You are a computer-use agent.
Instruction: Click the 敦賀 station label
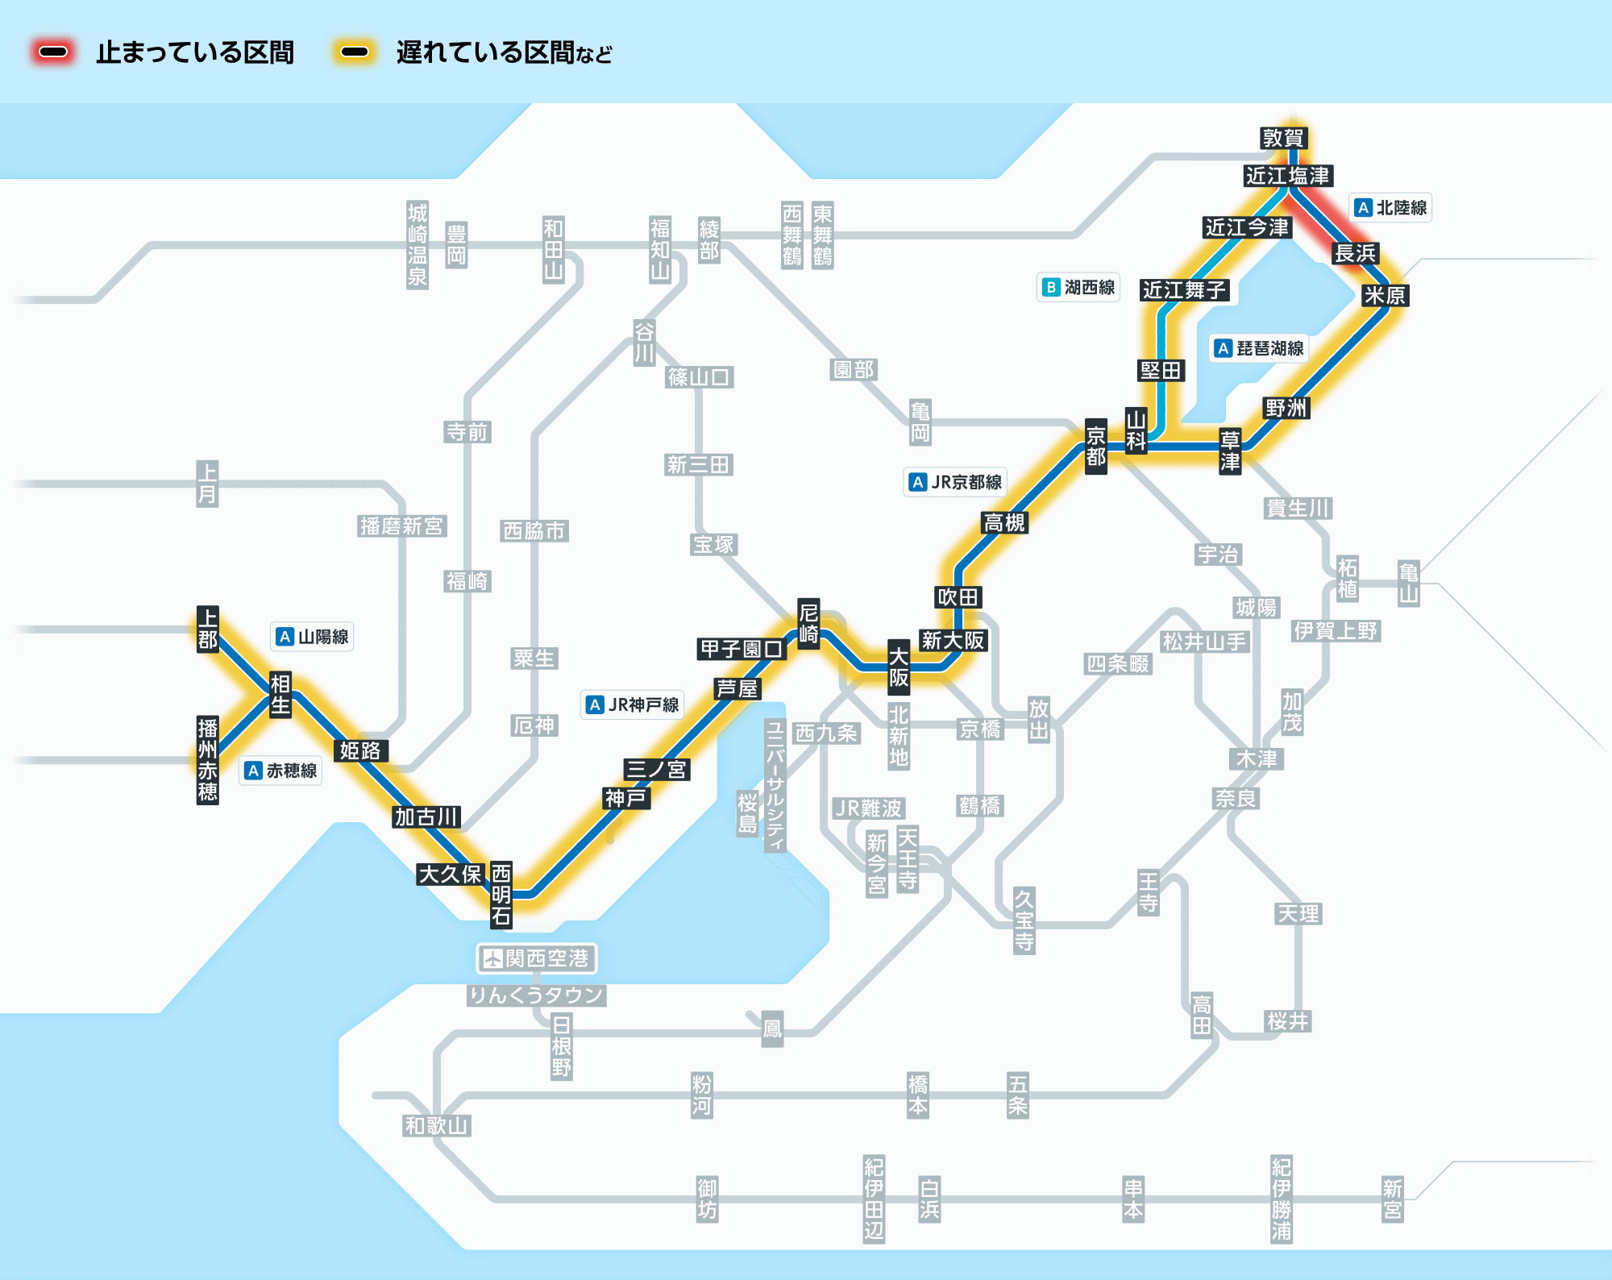(x=1283, y=138)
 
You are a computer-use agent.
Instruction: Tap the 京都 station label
(x=1095, y=447)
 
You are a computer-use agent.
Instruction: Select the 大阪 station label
(x=899, y=667)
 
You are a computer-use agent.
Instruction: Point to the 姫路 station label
(x=359, y=750)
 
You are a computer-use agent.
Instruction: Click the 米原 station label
(x=1385, y=295)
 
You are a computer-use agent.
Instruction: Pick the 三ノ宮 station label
(x=656, y=769)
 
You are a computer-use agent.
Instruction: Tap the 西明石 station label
(x=501, y=895)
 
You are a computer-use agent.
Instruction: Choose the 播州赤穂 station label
(x=208, y=760)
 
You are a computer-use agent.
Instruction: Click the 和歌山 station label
(x=436, y=1125)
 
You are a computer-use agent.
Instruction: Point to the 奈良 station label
(x=1236, y=798)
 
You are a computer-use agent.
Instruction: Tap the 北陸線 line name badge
(x=1391, y=208)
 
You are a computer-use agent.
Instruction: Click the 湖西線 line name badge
(x=1079, y=287)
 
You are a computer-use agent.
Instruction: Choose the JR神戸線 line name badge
(x=633, y=704)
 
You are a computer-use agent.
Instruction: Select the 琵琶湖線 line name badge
(x=1260, y=348)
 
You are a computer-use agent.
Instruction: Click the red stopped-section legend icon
(x=53, y=52)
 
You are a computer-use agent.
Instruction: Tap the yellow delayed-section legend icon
(x=355, y=52)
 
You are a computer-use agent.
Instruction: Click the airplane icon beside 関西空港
(x=492, y=958)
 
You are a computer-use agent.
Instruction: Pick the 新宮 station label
(x=1392, y=1199)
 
